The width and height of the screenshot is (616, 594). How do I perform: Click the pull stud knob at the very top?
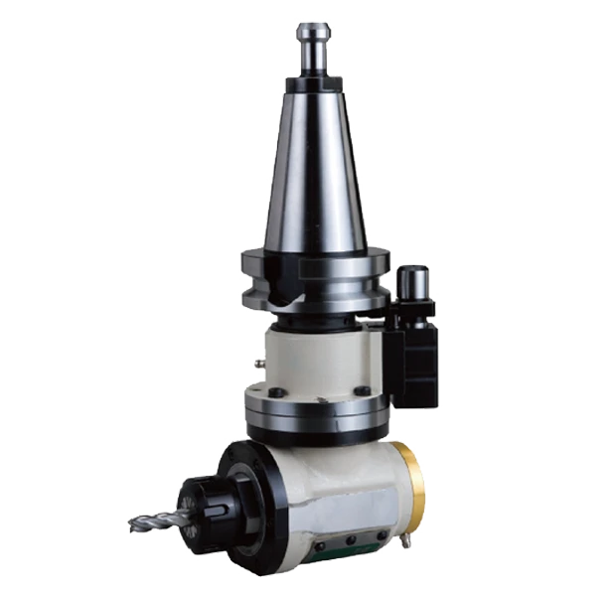313,31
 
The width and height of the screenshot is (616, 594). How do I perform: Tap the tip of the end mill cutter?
133,524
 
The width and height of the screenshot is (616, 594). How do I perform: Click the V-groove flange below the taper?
316,273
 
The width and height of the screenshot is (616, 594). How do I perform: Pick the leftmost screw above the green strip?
321,547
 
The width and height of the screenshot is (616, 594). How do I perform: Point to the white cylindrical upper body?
318,358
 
